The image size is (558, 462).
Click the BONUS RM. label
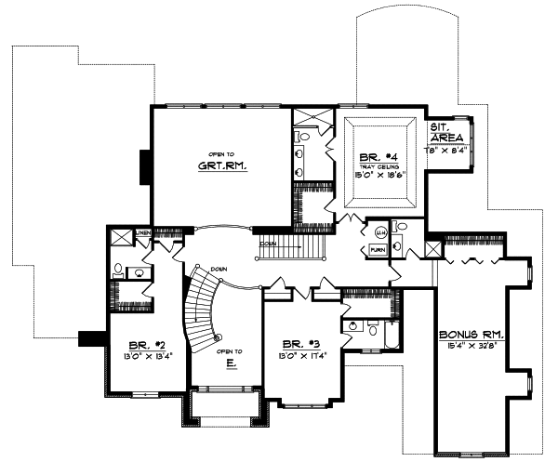pyautogui.click(x=471, y=334)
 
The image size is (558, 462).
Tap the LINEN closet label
pyautogui.click(x=143, y=232)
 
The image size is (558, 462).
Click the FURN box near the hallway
pyautogui.click(x=379, y=250)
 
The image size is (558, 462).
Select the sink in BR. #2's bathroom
pyautogui.click(x=139, y=273)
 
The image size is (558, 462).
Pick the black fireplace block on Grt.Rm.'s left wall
pyautogui.click(x=144, y=166)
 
